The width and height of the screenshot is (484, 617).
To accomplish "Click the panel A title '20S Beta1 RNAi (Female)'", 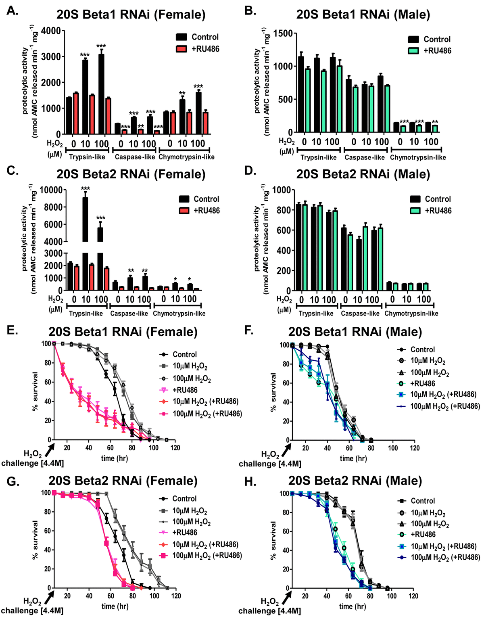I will coord(131,15).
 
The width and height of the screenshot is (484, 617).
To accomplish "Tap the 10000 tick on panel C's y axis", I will coord(48,190).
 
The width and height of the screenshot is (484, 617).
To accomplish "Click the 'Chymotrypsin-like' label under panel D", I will coord(411,313).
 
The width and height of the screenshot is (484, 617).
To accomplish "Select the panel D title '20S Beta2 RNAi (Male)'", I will coord(363,174).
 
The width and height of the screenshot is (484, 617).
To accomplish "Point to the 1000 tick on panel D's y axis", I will coord(282,190).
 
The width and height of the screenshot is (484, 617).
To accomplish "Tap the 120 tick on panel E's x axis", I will coord(175,448).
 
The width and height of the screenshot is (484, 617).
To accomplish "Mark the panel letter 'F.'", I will coord(249,330).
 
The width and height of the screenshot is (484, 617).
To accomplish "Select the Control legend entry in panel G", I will coord(184,499).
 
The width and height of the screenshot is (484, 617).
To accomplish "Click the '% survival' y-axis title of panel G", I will coord(35,540).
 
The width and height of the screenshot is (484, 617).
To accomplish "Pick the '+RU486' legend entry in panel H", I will coord(423,534).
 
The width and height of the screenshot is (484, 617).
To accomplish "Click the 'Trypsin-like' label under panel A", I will coord(87,157).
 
